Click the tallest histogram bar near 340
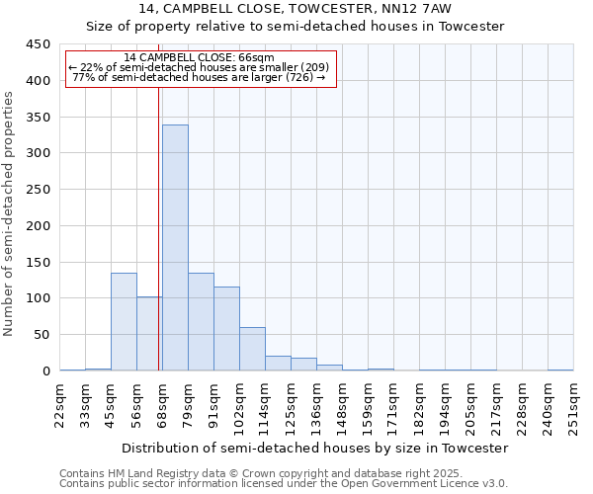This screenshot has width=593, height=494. tap(175, 247)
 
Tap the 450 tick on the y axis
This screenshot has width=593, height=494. tap(38, 44)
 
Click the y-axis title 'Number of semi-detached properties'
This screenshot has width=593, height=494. tap(9, 213)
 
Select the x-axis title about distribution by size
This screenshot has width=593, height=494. tap(316, 448)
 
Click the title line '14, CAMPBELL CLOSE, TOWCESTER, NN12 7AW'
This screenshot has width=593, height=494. tap(296, 9)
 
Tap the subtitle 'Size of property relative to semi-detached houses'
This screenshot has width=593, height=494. tap(296, 27)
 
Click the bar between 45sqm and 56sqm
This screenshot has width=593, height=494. tap(124, 321)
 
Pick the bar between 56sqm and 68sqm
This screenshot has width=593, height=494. tap(149, 334)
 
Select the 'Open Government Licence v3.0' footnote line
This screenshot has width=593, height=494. tap(284, 484)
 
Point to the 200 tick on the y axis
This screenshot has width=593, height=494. tap(38, 225)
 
